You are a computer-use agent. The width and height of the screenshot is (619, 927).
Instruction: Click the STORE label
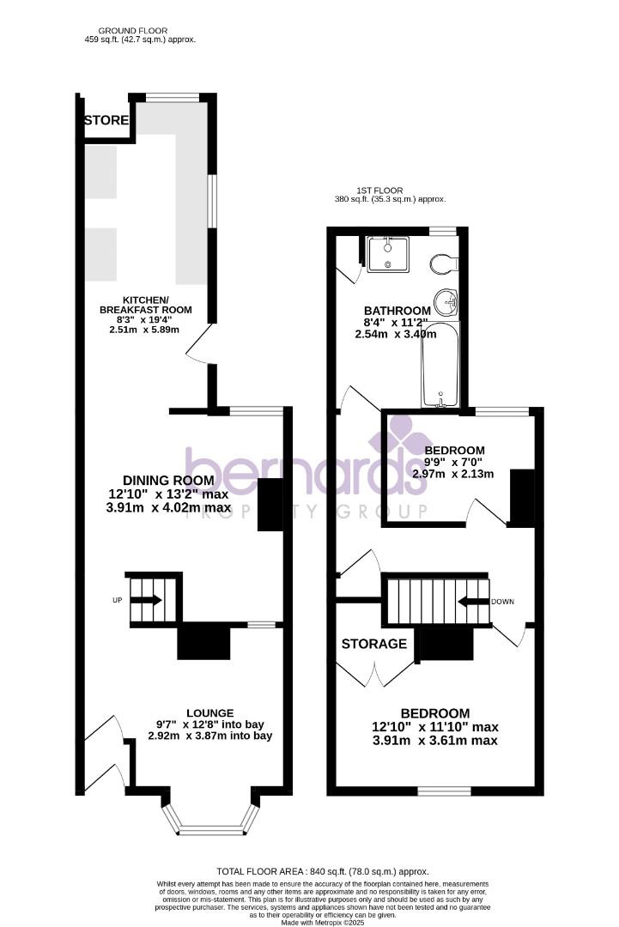tap(106, 120)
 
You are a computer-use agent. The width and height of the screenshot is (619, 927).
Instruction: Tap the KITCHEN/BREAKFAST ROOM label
tap(145, 304)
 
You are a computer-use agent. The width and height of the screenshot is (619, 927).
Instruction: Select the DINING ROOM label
tap(168, 480)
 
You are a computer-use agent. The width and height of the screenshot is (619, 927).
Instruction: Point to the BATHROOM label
tap(397, 311)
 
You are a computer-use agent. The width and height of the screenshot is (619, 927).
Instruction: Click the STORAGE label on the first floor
tap(374, 644)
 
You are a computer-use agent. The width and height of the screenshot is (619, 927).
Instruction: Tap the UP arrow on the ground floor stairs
tap(146, 600)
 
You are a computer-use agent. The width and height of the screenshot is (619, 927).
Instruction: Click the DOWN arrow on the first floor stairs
tap(472, 602)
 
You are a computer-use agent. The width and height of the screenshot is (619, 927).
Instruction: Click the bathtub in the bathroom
tap(440, 365)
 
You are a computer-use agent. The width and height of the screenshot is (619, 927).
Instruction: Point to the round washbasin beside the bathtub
tap(447, 302)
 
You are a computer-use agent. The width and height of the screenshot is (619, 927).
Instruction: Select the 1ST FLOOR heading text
tap(379, 190)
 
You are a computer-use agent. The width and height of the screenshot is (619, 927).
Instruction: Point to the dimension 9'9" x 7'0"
tap(454, 462)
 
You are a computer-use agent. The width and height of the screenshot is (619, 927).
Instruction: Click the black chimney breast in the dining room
tap(270, 505)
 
